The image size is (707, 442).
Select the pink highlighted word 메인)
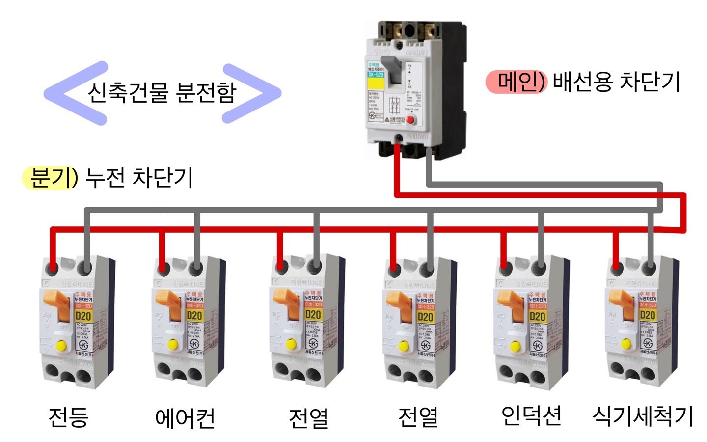pos(516,82)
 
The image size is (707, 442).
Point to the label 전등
pos(68,417)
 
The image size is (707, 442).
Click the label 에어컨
pos(185,418)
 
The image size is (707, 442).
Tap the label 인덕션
pos(531,416)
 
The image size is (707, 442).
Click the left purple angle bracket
pos(74,93)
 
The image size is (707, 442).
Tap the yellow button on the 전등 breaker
pos(61,345)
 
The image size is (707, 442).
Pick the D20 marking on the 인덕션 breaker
pos(537,316)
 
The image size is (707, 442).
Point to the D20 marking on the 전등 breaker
pos(83,316)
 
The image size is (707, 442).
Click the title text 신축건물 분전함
pos(162,92)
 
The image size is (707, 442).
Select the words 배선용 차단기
pos(616,82)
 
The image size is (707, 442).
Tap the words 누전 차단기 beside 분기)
pos(139,178)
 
